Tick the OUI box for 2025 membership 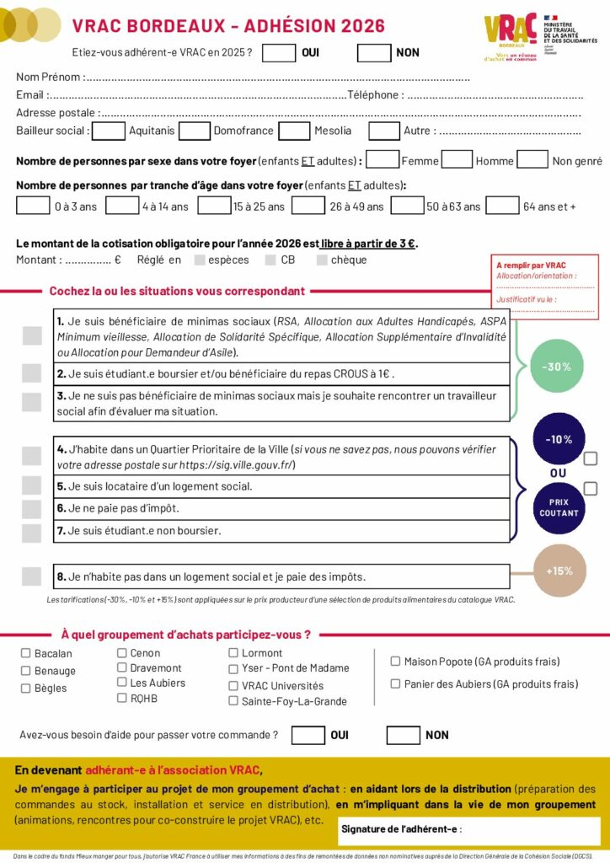pos(279,52)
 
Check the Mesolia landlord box pos(294,131)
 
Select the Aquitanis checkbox pos(108,131)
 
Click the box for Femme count pos(383,159)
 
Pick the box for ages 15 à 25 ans pos(214,205)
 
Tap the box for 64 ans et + pos(502,205)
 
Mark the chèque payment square pos(322,260)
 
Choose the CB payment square pos(270,260)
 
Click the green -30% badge pos(557,366)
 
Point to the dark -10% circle pos(559,439)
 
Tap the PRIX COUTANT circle pos(559,507)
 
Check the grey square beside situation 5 pos(32,485)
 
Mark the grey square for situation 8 pos(32,576)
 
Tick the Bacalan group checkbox pos(25,653)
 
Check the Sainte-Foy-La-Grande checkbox pos(234,700)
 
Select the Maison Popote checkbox pos(395,662)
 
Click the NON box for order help pos(403,735)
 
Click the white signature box pos(468,830)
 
